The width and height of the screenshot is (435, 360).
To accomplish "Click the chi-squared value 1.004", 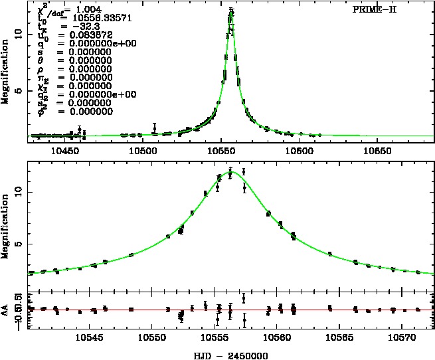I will (89, 9).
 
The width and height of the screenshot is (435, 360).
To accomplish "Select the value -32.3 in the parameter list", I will (80, 25).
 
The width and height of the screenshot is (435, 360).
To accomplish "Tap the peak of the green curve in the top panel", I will (231, 11).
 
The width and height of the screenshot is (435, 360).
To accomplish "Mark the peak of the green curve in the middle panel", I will (230, 172).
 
